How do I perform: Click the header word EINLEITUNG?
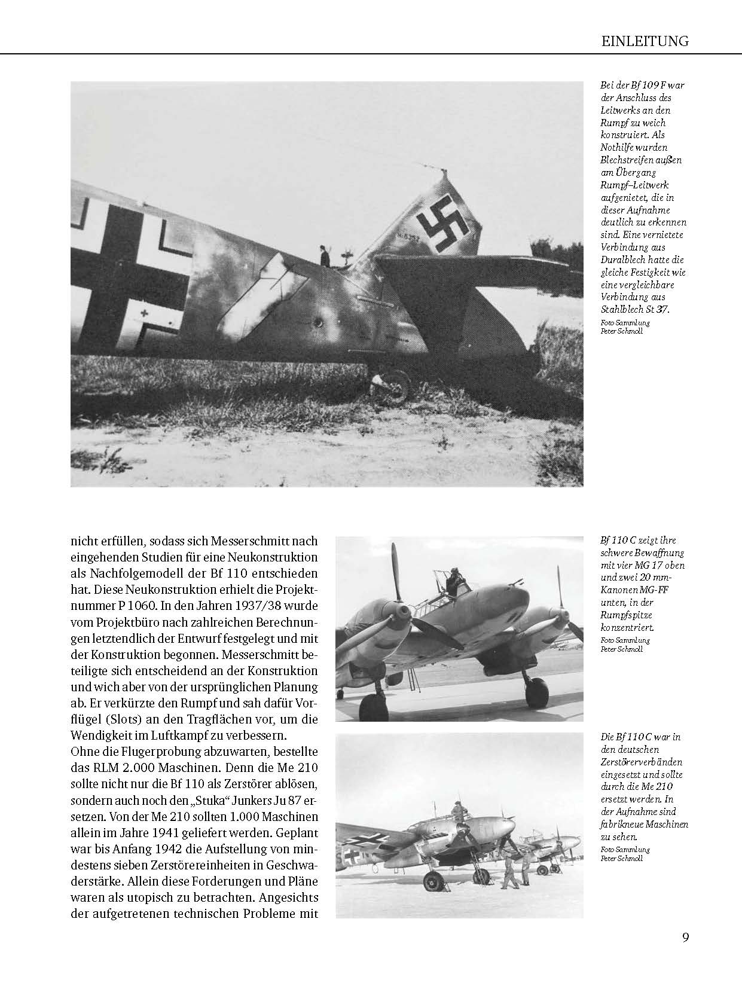pos(645,41)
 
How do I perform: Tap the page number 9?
pos(685,937)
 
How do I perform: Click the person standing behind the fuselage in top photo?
pos(325,255)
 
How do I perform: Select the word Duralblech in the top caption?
pos(625,260)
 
